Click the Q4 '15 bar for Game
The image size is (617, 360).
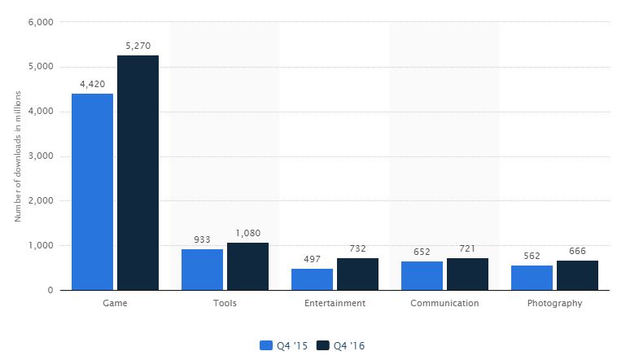coord(92,191)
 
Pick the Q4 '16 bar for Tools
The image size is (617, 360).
coord(247,266)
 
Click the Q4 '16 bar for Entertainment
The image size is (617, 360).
coord(357,274)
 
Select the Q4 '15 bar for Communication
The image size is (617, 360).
coord(422,275)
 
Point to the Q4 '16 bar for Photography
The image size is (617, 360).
coord(577,275)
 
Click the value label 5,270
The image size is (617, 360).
coord(138,46)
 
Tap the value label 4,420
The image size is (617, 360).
coord(92,83)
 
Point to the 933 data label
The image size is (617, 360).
coord(202,239)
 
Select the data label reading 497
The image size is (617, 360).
coord(312,259)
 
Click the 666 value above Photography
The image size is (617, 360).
coord(577,251)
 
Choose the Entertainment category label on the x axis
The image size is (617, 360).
coord(335,304)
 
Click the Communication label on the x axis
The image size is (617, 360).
coord(444,304)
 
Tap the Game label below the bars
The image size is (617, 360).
coord(115,304)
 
